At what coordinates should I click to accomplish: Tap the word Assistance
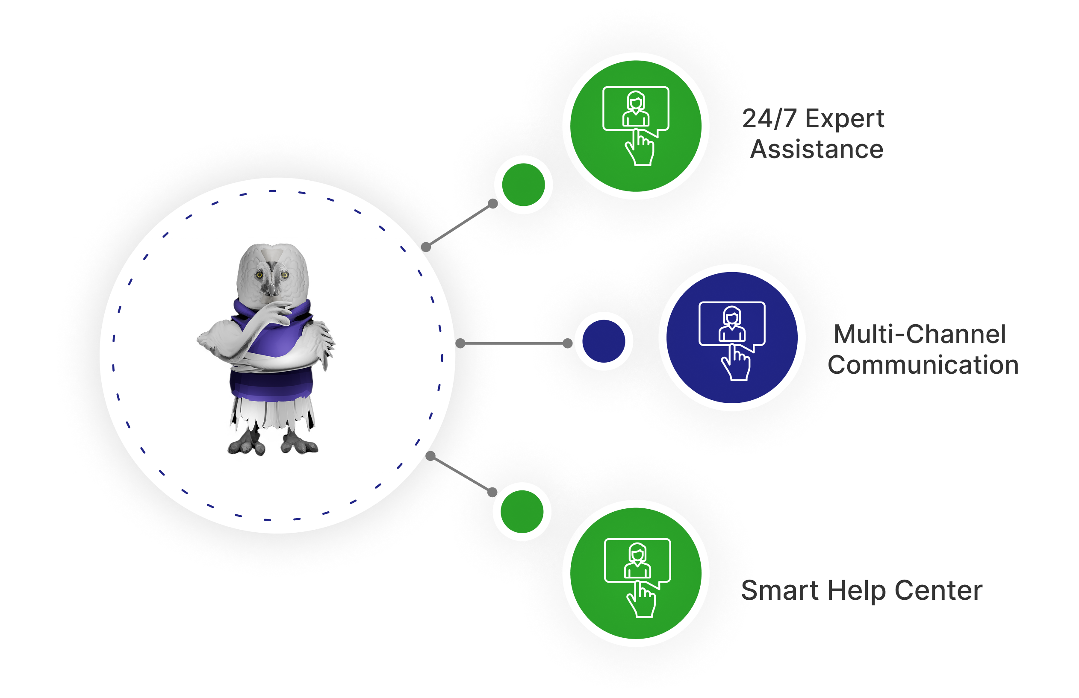click(817, 149)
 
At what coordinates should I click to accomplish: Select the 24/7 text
click(769, 119)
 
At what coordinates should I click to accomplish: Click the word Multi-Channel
click(920, 334)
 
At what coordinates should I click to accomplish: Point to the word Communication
click(923, 365)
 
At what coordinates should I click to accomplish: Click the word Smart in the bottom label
click(780, 591)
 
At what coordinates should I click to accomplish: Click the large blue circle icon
click(732, 337)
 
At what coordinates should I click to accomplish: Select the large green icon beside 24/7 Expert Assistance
click(636, 126)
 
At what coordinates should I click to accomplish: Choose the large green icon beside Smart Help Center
click(636, 573)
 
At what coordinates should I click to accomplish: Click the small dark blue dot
click(604, 341)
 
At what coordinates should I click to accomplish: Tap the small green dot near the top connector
click(523, 185)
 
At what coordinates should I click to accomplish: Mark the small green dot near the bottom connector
click(522, 511)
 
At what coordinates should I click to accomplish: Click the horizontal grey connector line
click(514, 343)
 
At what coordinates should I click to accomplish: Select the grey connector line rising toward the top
click(459, 225)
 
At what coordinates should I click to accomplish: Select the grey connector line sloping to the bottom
click(461, 474)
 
